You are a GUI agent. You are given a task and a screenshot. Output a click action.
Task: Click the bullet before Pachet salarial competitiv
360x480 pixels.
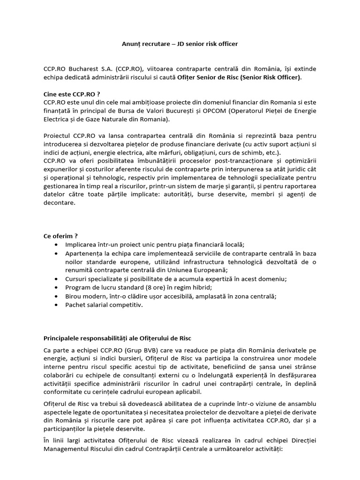coord(57,305)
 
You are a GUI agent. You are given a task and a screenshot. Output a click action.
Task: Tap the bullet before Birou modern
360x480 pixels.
coord(57,296)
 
